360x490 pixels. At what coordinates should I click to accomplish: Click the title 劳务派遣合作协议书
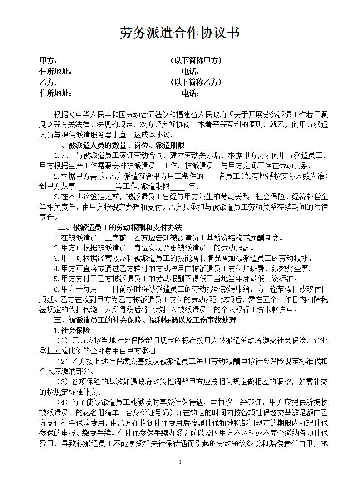(180, 33)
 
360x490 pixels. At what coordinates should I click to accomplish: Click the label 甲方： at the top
(49, 60)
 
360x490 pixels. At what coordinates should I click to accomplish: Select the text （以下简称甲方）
(195, 60)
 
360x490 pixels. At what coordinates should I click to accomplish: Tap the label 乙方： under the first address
(49, 82)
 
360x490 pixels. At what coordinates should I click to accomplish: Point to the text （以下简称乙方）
(195, 82)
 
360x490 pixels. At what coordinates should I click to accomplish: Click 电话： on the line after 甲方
(191, 71)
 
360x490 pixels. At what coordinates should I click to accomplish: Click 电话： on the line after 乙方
(191, 93)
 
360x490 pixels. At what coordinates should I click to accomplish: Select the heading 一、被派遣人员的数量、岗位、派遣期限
(119, 145)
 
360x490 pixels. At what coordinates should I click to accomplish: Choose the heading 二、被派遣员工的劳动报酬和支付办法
(120, 227)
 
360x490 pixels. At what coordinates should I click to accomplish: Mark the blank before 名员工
(211, 176)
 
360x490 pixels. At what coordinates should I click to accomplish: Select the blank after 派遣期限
(178, 186)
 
